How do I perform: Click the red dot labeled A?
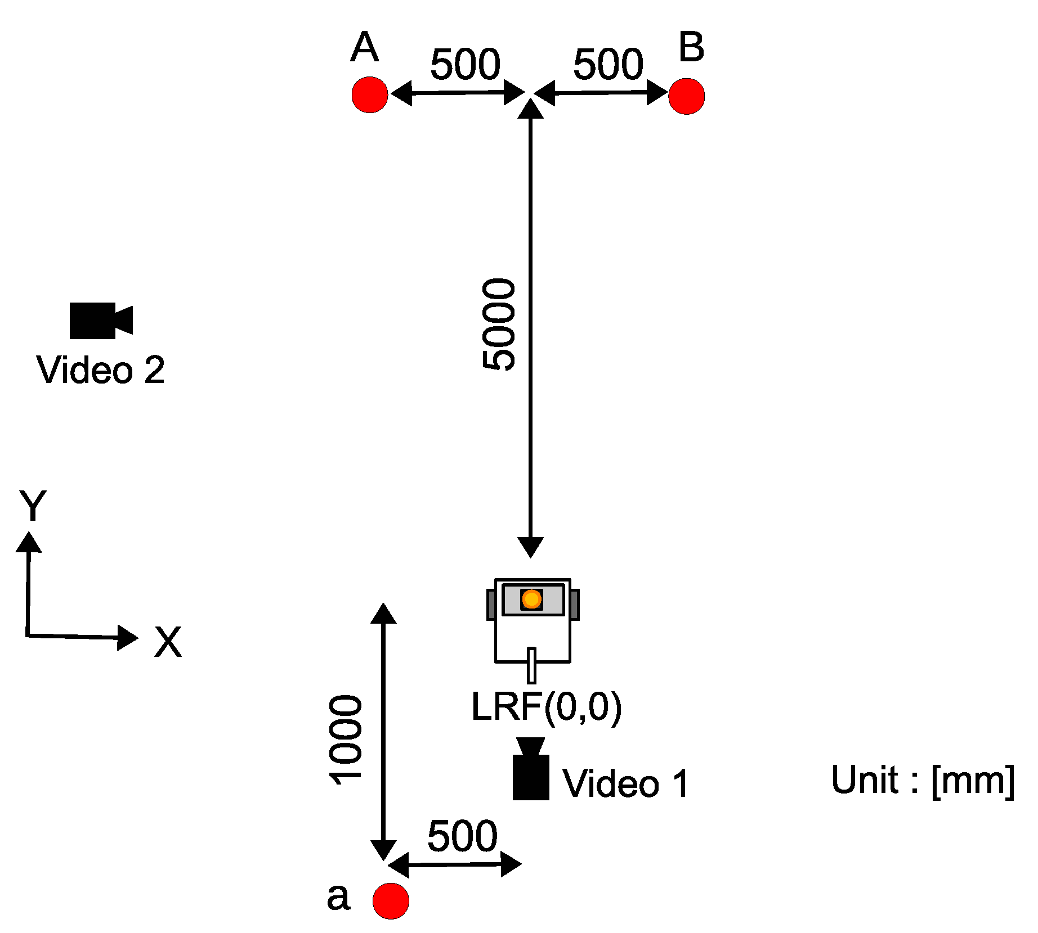coord(370,94)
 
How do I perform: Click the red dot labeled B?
coord(686,96)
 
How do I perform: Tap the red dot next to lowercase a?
coord(391,900)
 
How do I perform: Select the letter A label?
coord(364,47)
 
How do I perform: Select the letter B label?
coord(691,47)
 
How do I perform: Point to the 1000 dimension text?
coord(346,739)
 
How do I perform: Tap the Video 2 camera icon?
coord(100,321)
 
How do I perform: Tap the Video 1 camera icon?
coord(531,770)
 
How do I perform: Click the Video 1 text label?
coord(626,783)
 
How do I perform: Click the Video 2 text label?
coord(101,369)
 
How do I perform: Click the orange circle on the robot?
coord(531,599)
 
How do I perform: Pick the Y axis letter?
coord(33,505)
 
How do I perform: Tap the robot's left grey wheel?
coord(491,605)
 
